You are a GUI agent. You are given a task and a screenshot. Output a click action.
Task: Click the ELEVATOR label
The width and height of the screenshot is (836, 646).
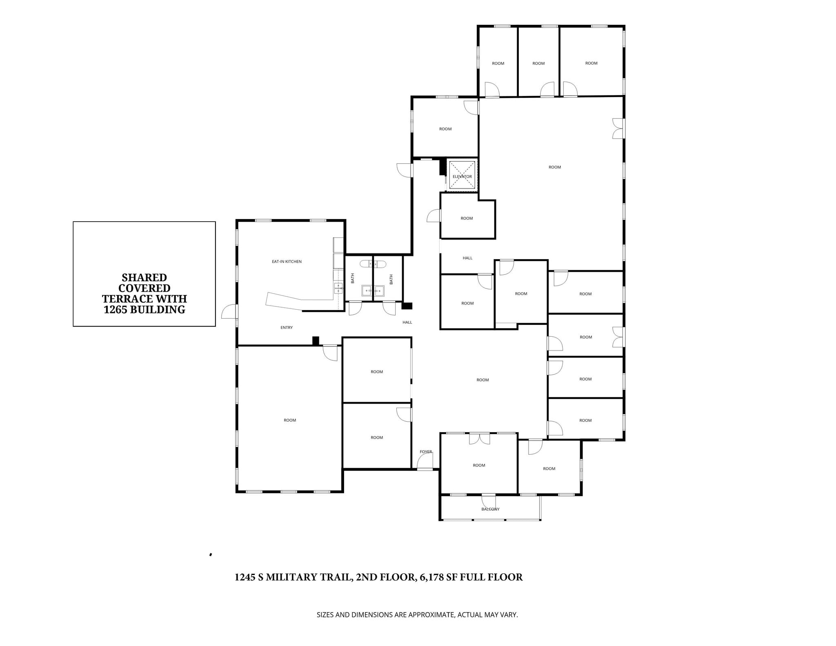pyautogui.click(x=462, y=177)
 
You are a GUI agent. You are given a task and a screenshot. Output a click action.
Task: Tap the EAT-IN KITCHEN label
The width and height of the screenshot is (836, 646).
pyautogui.click(x=287, y=262)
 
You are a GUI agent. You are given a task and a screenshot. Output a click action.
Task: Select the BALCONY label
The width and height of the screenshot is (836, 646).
pyautogui.click(x=490, y=509)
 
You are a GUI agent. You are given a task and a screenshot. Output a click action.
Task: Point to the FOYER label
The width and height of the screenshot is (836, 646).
pyautogui.click(x=426, y=452)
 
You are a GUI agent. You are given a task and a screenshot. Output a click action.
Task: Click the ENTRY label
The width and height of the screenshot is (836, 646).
pyautogui.click(x=287, y=327)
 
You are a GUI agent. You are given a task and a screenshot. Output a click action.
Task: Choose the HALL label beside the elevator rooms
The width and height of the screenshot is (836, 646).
pyautogui.click(x=467, y=258)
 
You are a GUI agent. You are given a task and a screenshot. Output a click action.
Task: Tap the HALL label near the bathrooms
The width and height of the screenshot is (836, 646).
pyautogui.click(x=407, y=322)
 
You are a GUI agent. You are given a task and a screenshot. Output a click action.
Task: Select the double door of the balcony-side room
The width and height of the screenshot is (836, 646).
pyautogui.click(x=479, y=439)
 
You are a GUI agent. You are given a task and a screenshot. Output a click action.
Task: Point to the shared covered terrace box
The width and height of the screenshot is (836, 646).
pyautogui.click(x=144, y=274)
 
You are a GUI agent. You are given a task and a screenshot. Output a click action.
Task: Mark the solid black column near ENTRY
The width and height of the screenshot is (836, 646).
pyautogui.click(x=316, y=340)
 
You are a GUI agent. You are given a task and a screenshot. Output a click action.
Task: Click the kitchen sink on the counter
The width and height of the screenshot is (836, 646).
pyautogui.click(x=338, y=288)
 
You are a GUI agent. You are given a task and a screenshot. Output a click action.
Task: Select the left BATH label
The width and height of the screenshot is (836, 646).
pyautogui.click(x=353, y=278)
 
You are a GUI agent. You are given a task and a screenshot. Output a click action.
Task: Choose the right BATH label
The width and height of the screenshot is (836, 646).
pyautogui.click(x=391, y=279)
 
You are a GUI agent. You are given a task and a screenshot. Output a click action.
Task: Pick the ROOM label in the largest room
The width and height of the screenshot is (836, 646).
pyautogui.click(x=554, y=167)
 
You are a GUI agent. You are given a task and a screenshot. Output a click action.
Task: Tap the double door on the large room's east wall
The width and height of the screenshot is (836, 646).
pyautogui.click(x=618, y=129)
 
